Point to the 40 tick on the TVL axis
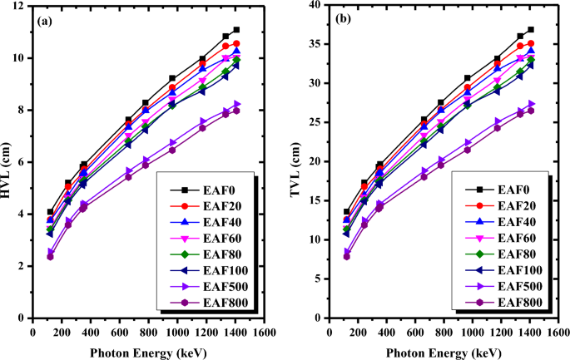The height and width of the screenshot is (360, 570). (313, 6)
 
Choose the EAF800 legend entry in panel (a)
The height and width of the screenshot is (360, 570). (218, 303)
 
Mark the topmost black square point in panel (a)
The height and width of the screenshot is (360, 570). (236, 30)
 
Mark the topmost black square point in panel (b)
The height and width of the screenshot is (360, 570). (531, 30)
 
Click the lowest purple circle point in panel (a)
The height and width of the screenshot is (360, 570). (50, 257)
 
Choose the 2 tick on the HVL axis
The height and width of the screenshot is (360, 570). (25, 266)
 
